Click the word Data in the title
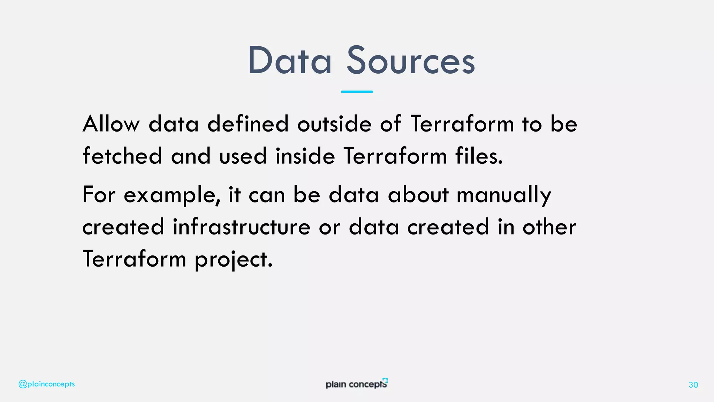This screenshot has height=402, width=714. click(x=289, y=61)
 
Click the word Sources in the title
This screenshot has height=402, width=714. click(x=410, y=61)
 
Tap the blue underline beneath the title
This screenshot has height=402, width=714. click(x=357, y=91)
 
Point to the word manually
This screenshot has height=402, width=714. click(x=504, y=195)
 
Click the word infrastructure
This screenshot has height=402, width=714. click(x=241, y=227)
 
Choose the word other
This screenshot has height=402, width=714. click(x=549, y=227)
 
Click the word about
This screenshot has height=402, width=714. click(x=418, y=195)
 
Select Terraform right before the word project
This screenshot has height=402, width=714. click(x=134, y=259)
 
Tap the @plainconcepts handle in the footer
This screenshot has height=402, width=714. click(x=46, y=384)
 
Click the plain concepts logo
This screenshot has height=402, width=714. click(x=356, y=384)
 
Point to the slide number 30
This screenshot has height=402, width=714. click(x=693, y=385)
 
